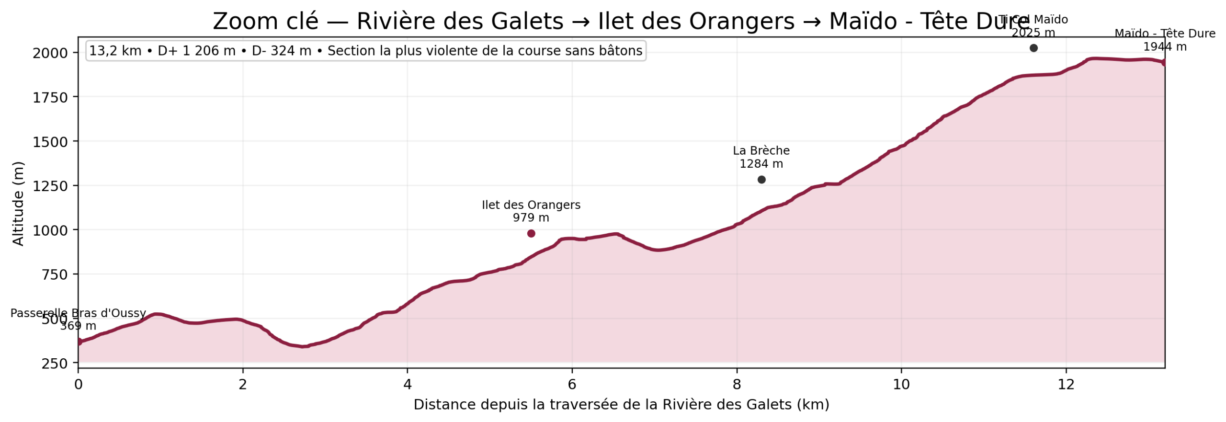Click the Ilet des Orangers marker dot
(531, 233)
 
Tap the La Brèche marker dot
(761, 180)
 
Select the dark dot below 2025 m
(1033, 48)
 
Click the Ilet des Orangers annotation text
(531, 211)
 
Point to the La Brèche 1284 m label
(761, 157)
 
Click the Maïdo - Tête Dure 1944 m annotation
(1164, 40)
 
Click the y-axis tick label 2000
(50, 53)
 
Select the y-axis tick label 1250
(50, 186)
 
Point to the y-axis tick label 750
(53, 274)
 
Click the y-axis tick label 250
(54, 364)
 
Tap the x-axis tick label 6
(572, 385)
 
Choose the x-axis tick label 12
(1066, 385)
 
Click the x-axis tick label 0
(78, 385)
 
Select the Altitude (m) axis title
(18, 204)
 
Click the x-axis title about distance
(621, 405)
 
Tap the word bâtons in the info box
(621, 51)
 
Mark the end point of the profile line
(1164, 62)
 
